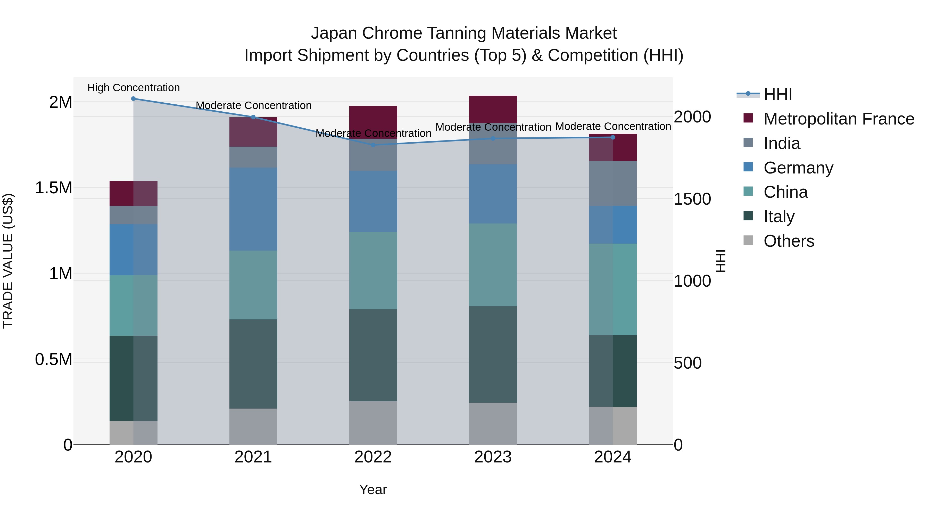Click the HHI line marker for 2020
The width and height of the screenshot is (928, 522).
click(133, 99)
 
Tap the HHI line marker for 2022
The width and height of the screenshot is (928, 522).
click(373, 145)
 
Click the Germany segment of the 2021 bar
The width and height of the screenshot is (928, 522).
click(253, 209)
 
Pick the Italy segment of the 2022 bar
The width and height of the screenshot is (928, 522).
click(373, 355)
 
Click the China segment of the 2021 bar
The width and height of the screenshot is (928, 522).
click(253, 285)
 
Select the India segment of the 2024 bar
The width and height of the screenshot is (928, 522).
click(613, 183)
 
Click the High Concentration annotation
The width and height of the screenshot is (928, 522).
click(133, 88)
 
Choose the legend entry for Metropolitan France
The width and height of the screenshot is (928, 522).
click(839, 119)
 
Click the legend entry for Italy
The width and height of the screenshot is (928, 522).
click(779, 217)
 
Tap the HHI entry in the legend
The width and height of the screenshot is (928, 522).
click(777, 94)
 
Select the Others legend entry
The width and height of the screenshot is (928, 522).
click(789, 241)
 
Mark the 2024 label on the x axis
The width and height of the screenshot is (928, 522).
click(612, 457)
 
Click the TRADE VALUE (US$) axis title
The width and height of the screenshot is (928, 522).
click(8, 261)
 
